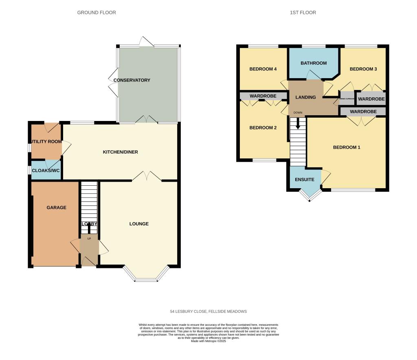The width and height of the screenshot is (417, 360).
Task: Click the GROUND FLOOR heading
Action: pos(97,13)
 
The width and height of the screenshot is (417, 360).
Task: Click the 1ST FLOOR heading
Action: pos(303,13)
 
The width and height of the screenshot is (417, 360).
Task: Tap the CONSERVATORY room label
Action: pos(132,80)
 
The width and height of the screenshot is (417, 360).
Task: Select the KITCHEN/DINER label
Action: pos(120,152)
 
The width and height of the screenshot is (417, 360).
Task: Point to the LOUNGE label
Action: pos(139,224)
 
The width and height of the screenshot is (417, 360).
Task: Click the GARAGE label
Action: pos(56,208)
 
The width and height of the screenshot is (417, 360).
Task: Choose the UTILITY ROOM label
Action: pos(46,142)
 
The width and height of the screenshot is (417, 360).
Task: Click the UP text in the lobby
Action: pos(89,239)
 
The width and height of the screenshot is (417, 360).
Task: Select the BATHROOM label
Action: pos(314,63)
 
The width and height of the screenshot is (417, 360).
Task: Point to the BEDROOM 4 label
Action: pos(263,69)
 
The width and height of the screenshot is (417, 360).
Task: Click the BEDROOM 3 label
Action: pos(363,69)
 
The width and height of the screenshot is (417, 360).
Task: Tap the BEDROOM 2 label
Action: pos(263,128)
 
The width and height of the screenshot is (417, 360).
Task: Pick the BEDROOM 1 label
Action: pos(347,147)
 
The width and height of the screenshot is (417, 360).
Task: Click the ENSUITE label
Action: pos(305,180)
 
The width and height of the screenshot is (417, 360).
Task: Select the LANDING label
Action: pos(306,97)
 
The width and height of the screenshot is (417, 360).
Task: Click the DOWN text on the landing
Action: pos(298,112)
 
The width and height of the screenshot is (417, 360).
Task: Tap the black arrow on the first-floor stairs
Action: pos(298,123)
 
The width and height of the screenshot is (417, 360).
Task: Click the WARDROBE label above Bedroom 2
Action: pos(263,96)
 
